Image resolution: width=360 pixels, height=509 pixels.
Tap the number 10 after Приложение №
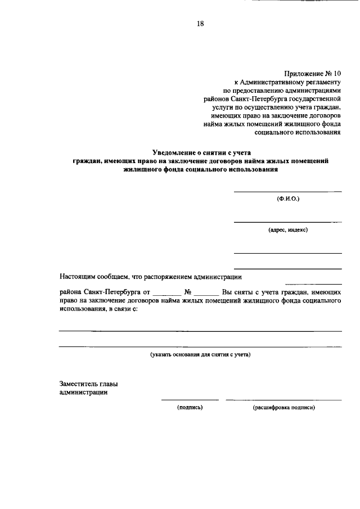coord(337,73)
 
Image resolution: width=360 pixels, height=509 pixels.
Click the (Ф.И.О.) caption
coord(288,200)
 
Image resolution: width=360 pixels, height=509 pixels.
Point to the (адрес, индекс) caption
coord(288,229)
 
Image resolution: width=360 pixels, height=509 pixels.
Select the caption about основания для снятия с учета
coord(200,354)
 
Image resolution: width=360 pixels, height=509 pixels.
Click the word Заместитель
coord(79,384)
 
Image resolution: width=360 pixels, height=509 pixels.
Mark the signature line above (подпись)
coord(190,400)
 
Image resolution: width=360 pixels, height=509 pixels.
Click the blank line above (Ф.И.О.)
coord(288,192)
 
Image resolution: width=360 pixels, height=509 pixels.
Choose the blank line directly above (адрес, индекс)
coord(288,222)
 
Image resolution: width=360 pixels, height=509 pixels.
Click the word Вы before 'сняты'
coord(227,292)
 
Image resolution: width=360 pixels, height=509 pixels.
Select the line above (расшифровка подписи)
coord(283,400)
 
